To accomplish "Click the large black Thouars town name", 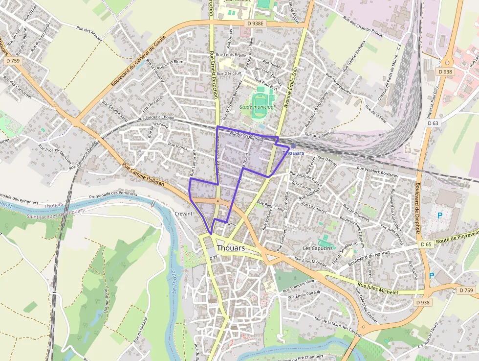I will (x=231, y=248).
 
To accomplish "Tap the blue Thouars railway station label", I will (x=293, y=153).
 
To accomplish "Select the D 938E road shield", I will (x=255, y=23).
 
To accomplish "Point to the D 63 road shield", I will (x=433, y=123).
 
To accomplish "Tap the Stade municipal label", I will (x=257, y=107).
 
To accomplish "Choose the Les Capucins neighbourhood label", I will (x=317, y=248).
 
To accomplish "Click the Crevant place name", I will (x=184, y=214).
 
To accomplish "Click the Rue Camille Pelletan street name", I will (x=143, y=175).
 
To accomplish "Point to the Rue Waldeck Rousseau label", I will (x=377, y=172).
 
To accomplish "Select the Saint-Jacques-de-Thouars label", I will (x=55, y=214).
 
